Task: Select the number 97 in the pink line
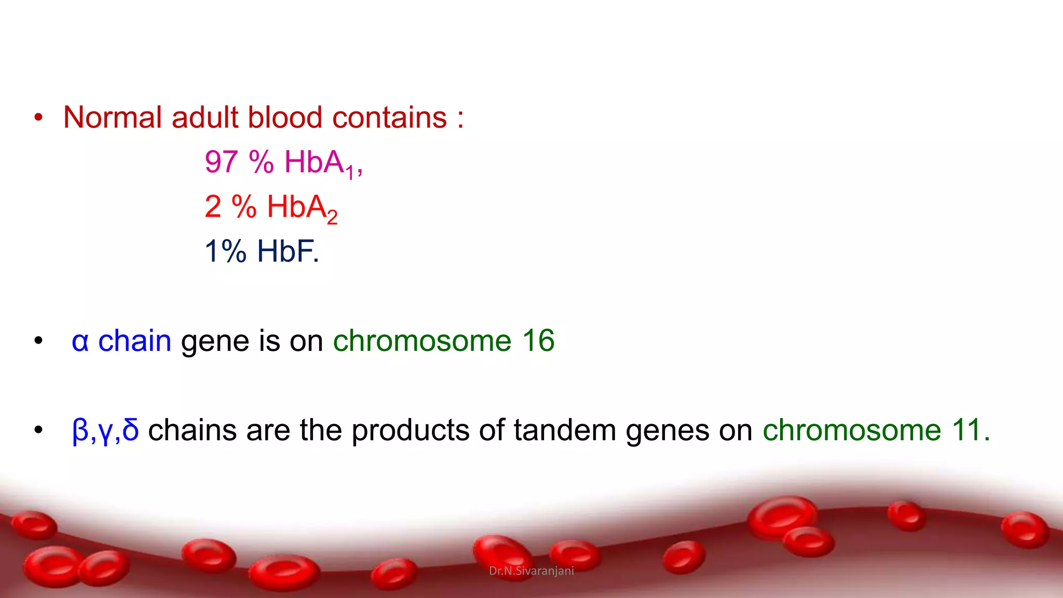click(221, 162)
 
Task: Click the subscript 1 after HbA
click(350, 172)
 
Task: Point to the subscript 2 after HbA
click(332, 216)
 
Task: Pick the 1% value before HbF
click(225, 251)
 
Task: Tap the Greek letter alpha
click(80, 342)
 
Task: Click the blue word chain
click(134, 341)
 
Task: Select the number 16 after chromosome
click(538, 341)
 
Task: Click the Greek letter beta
click(80, 431)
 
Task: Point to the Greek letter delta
click(130, 430)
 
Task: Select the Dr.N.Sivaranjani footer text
click(531, 571)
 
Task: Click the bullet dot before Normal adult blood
click(38, 118)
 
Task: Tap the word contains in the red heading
click(389, 117)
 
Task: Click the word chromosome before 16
click(422, 341)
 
